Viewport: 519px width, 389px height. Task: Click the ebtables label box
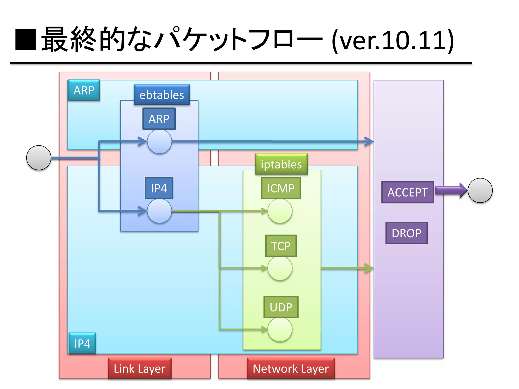162,95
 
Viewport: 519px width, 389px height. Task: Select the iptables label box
281,164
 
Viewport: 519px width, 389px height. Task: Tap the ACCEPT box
407,192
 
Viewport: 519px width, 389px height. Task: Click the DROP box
406,233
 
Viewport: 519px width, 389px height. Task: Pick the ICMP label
281,188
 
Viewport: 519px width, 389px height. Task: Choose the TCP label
281,246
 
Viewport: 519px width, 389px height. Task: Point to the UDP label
281,307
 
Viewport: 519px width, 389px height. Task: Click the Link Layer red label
140,368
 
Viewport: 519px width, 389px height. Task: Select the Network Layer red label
291,368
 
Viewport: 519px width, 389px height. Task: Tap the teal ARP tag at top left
84,90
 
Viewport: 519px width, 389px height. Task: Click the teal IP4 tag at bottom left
82,343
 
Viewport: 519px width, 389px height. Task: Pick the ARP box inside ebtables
159,119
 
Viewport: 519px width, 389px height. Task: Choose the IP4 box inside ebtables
159,188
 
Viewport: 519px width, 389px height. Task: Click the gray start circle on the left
39,158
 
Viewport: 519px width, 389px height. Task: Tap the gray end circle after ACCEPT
480,190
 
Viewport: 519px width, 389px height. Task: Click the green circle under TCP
280,268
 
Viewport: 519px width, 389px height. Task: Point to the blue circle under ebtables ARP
159,142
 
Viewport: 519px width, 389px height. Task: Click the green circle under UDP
280,329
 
